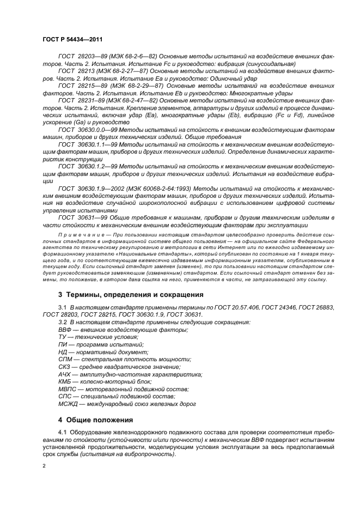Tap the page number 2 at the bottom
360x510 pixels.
point(45,467)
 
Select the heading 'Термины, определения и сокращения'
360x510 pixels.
point(131,295)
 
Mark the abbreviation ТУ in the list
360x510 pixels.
point(62,337)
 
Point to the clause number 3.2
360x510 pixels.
point(62,323)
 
